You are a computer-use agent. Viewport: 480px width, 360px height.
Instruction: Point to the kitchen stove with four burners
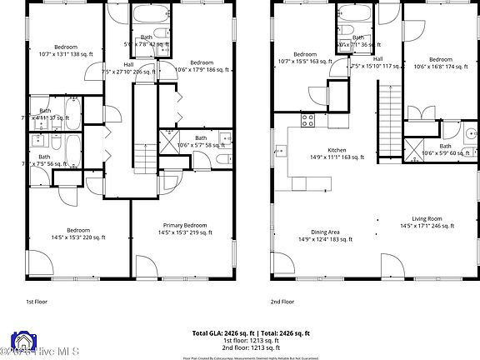[x=307, y=118]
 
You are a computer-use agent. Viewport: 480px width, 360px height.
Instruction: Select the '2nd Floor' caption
[x=282, y=301]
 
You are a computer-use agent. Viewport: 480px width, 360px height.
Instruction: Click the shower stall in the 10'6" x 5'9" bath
[x=413, y=153]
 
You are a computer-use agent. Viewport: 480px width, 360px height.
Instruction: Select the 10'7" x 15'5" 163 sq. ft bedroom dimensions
[x=304, y=61]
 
